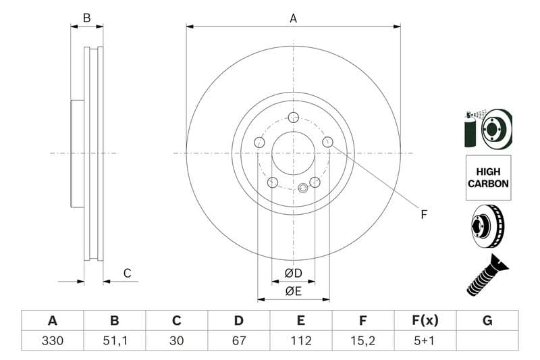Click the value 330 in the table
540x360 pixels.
tap(52, 341)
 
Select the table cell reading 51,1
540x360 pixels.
tap(114, 341)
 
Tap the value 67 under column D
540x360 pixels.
tap(238, 341)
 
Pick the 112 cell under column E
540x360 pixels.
tap(301, 341)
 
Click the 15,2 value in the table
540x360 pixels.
tap(363, 341)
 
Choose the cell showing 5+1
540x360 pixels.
tap(425, 341)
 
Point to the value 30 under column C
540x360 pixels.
tap(177, 341)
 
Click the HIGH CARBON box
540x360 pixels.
tap(488, 177)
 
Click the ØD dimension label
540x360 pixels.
tap(293, 273)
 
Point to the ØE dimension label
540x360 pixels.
tap(293, 291)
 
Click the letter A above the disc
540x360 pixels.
tap(293, 19)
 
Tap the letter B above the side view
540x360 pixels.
tap(86, 18)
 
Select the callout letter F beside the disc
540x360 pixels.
tap(424, 215)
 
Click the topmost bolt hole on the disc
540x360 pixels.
tap(293, 118)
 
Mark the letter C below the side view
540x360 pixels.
tap(127, 274)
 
